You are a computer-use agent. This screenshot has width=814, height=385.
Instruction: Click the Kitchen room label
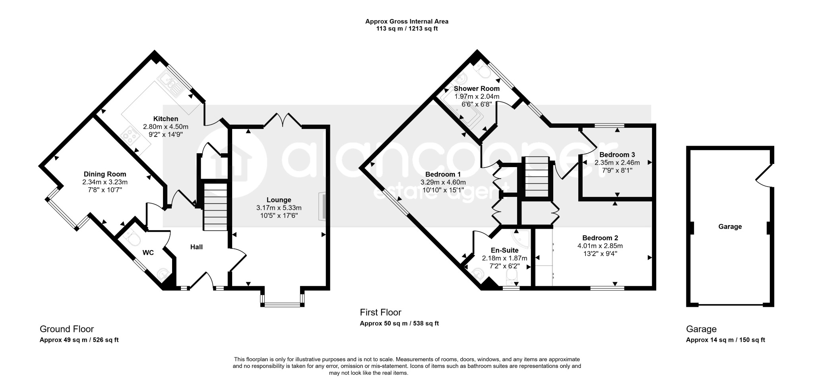click(x=166, y=119)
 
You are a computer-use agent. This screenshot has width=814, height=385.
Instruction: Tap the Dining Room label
click(x=105, y=174)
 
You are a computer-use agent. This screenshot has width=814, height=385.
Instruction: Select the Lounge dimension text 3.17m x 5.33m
click(x=279, y=208)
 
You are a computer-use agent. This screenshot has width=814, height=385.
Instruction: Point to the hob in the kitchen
click(x=131, y=136)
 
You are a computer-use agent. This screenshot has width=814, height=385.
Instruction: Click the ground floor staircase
click(x=215, y=207)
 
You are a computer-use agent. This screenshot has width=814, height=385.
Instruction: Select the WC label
click(x=148, y=252)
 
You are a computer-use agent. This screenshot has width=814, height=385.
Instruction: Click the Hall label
click(x=196, y=247)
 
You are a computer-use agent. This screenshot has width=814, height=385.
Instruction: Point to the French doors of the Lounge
click(x=283, y=119)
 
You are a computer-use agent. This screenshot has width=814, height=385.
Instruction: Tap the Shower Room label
click(x=477, y=89)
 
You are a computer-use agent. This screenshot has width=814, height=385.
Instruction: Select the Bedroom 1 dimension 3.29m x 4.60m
click(x=443, y=183)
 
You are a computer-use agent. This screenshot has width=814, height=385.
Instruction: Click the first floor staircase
click(x=537, y=177)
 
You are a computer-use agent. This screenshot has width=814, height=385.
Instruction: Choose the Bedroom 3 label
click(x=617, y=155)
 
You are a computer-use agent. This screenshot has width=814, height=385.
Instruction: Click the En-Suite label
click(x=505, y=250)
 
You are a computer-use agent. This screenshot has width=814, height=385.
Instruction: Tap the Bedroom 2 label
click(x=600, y=238)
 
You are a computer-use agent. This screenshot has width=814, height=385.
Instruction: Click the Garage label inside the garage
click(x=730, y=227)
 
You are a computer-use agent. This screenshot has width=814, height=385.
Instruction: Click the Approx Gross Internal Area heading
click(x=407, y=21)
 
